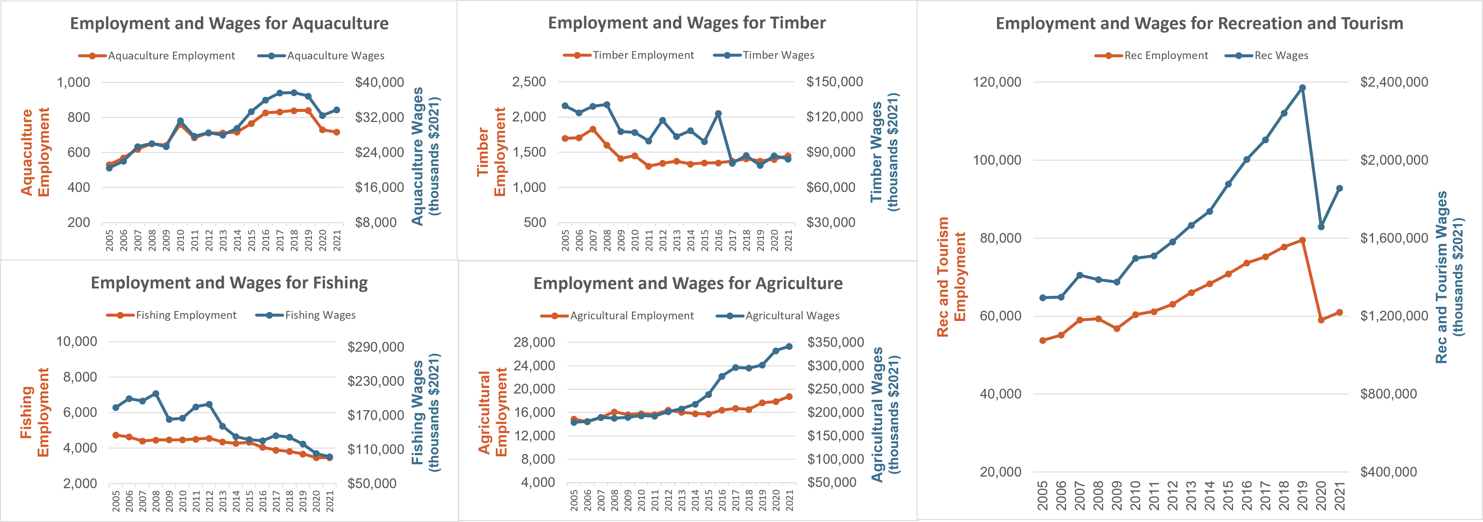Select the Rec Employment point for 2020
(1321, 320)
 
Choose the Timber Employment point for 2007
(593, 130)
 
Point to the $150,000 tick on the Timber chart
(834, 82)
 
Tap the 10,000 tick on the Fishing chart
(77, 342)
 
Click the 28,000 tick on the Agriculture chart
(534, 342)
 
